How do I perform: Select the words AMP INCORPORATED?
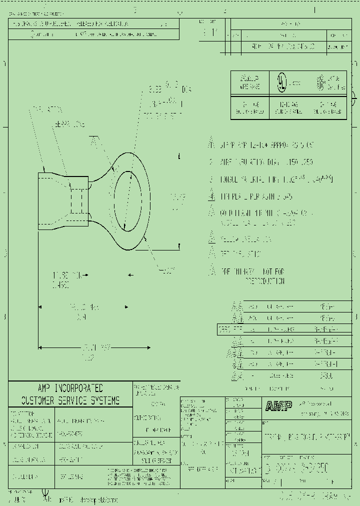point(70,388)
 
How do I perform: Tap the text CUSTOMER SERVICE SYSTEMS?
point(70,400)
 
